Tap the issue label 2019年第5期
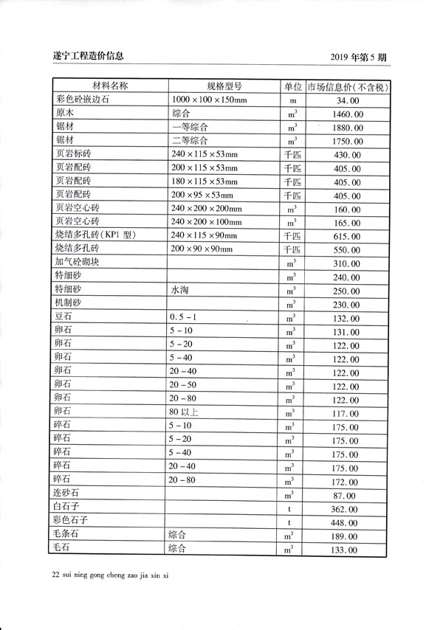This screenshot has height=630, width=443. (365, 56)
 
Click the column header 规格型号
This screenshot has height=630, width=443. (224, 86)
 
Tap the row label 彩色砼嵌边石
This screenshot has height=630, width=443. (82, 100)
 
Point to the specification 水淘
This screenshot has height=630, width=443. (179, 291)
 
